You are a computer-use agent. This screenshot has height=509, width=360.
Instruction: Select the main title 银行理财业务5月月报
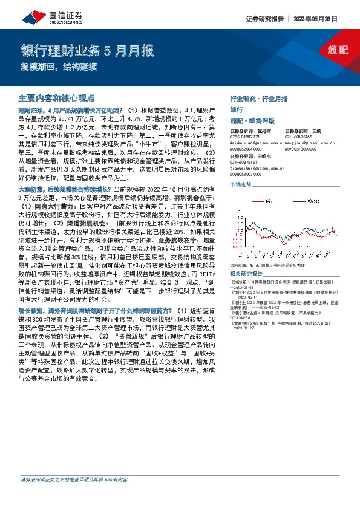coord(87,50)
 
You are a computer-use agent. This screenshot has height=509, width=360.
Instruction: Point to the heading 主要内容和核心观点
coord(57,97)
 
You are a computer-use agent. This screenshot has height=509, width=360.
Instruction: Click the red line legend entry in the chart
coord(263,198)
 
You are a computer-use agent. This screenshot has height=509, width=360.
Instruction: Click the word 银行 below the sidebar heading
coord(237,110)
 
